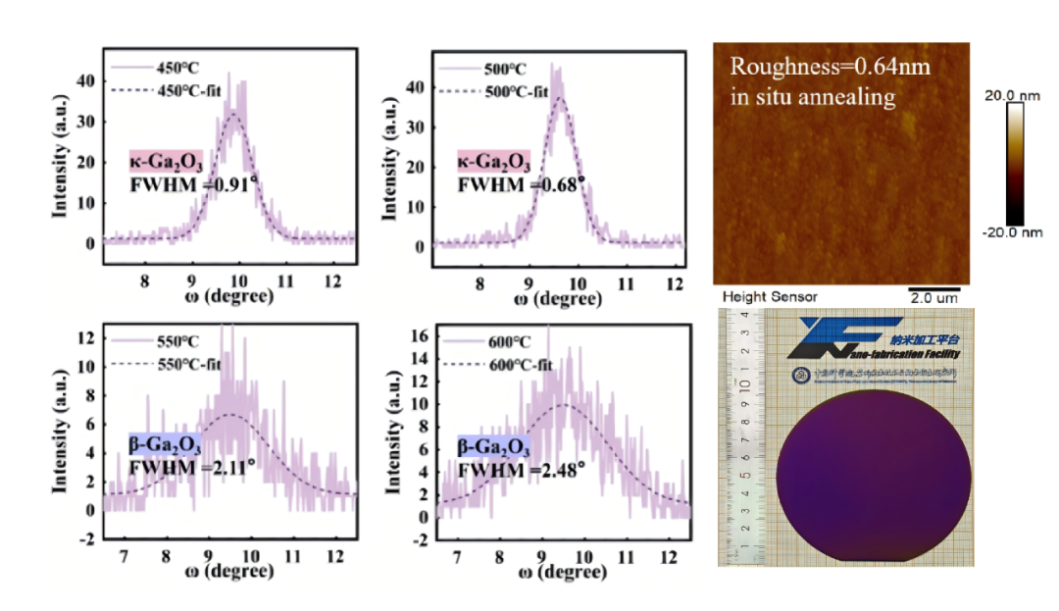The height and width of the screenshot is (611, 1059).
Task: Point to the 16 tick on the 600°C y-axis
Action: pos(423,335)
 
